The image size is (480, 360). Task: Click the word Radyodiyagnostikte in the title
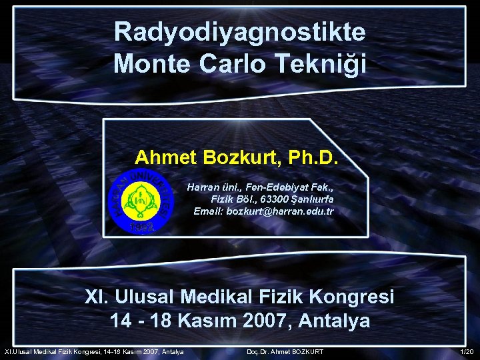[x=239, y=32]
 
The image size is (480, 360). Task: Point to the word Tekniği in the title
[x=325, y=65]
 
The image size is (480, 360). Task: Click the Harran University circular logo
[x=141, y=199]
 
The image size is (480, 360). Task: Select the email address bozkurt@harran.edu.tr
[x=280, y=211]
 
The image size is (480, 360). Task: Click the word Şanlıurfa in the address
[x=311, y=199]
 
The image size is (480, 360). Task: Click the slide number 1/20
[x=467, y=351]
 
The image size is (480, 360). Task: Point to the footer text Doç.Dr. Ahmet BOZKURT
[x=285, y=351]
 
